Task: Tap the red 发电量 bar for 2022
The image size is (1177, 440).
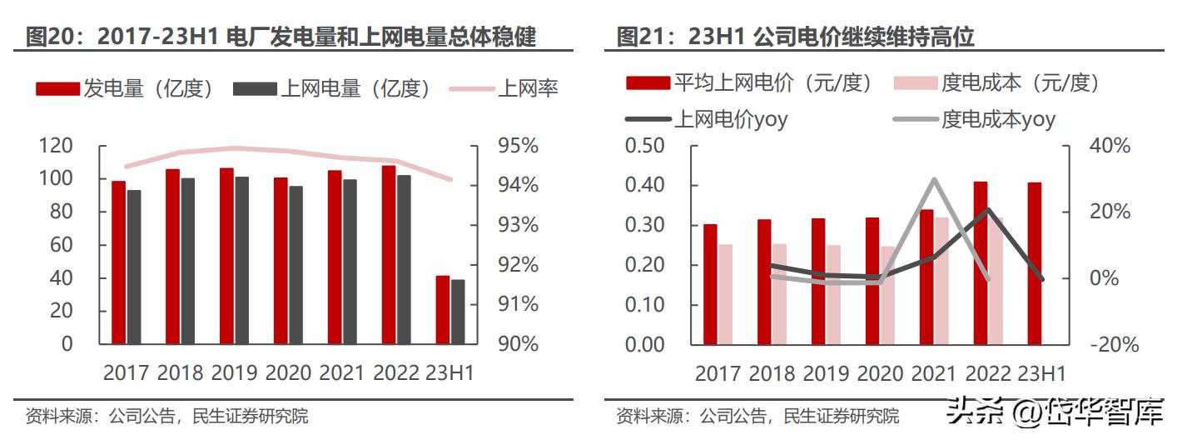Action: pyautogui.click(x=389, y=254)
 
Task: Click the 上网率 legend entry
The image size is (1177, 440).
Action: pyautogui.click(x=504, y=88)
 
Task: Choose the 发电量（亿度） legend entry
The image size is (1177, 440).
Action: pyautogui.click(x=125, y=88)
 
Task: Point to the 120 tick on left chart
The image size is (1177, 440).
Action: pyautogui.click(x=56, y=146)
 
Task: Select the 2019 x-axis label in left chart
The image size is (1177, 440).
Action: pyautogui.click(x=234, y=372)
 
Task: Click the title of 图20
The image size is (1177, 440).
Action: pyautogui.click(x=281, y=37)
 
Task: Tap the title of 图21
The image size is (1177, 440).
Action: pyautogui.click(x=795, y=37)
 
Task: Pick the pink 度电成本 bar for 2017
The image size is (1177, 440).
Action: pyautogui.click(x=725, y=294)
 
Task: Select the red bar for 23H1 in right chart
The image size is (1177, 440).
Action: pyautogui.click(x=1035, y=262)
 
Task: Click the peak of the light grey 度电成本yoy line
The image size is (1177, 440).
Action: pyautogui.click(x=934, y=179)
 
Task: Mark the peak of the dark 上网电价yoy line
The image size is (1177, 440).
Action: pyautogui.click(x=987, y=209)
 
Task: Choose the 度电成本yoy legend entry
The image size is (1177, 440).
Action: pyautogui.click(x=974, y=119)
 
